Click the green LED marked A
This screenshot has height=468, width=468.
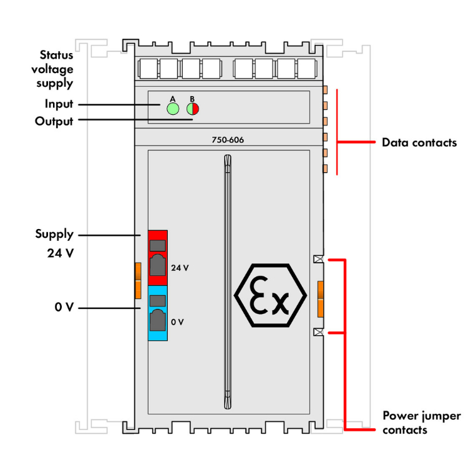click(x=173, y=109)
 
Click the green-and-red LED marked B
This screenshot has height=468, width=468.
click(x=192, y=109)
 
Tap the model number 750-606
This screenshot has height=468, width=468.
click(x=228, y=140)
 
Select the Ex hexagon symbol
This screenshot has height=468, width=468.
click(x=271, y=295)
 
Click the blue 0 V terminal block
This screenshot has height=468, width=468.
click(x=158, y=313)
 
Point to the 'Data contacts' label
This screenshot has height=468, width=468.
click(x=419, y=142)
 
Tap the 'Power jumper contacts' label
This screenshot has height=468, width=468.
click(x=421, y=422)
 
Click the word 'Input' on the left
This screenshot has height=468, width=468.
click(x=59, y=104)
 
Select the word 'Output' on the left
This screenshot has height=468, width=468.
click(x=54, y=121)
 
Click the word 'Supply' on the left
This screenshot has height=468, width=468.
click(x=54, y=235)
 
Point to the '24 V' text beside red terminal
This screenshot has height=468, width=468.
click(x=180, y=268)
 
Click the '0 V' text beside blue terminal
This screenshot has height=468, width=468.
click(x=177, y=322)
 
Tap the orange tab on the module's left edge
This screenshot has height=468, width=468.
click(x=138, y=280)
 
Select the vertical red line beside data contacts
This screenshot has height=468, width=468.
click(x=337, y=132)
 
